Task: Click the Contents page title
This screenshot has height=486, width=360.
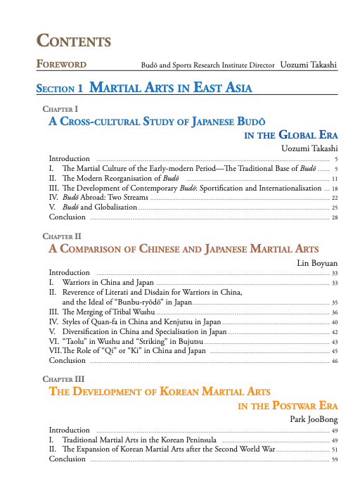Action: click(74, 40)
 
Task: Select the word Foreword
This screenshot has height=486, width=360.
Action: click(62, 65)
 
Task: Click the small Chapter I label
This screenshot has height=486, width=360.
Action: click(60, 110)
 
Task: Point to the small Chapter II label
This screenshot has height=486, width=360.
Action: click(62, 237)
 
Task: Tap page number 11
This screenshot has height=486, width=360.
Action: click(335, 179)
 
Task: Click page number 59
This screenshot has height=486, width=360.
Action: click(335, 459)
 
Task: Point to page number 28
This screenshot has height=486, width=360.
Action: click(335, 217)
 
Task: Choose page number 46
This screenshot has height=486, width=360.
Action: click(335, 361)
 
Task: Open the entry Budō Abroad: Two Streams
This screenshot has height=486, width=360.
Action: click(105, 198)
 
